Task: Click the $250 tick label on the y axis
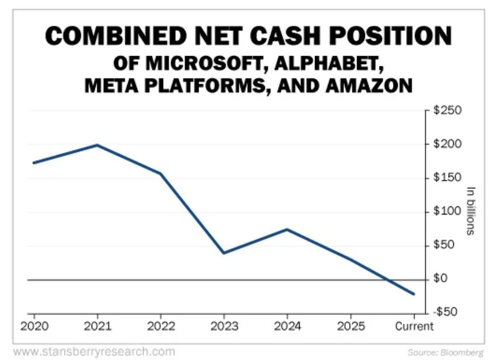pos(448,111)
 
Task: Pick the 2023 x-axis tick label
pos(224,326)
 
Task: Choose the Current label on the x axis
pos(414,326)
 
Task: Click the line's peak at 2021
pos(97,145)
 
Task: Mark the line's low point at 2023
pos(223,253)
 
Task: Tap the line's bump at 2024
pos(287,229)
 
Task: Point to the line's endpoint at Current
pos(414,294)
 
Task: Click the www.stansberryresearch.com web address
pos(94,351)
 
